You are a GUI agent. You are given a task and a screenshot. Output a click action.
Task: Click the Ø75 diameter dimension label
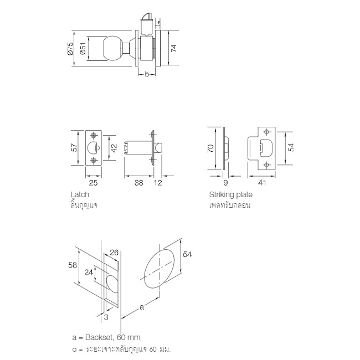70,48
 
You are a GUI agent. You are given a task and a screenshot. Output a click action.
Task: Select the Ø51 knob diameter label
83,48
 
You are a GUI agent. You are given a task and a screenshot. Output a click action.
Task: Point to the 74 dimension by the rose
174,48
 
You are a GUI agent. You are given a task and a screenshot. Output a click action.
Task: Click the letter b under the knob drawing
147,74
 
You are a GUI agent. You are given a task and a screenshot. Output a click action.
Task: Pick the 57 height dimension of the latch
74,148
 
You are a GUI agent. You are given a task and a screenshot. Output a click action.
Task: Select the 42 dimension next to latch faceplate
114,148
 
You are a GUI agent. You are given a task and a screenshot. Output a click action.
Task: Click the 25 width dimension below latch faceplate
93,183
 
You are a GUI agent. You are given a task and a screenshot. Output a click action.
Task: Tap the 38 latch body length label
138,183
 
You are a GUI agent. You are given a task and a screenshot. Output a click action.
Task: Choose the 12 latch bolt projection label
158,183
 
